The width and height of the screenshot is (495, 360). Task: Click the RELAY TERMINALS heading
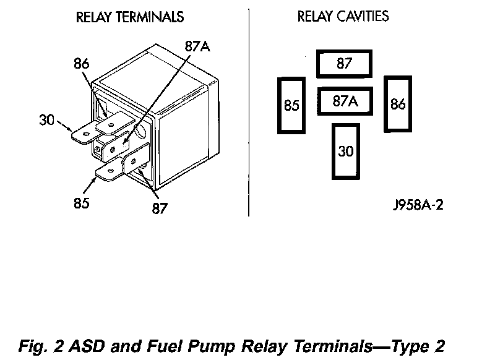tap(130, 17)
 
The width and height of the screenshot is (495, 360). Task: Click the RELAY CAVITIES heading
tap(343, 17)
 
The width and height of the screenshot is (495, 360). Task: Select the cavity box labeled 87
tap(344, 64)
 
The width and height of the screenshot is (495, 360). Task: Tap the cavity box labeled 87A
tap(345, 101)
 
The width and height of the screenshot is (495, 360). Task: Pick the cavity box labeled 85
tap(291, 105)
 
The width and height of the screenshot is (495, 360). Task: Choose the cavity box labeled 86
tap(398, 104)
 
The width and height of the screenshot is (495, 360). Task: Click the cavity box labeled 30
tap(346, 152)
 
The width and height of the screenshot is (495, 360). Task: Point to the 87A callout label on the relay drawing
tap(197, 46)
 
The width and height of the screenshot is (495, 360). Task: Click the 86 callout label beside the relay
tap(82, 64)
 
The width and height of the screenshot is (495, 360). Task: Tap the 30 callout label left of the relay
tap(47, 120)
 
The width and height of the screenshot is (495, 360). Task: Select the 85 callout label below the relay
tap(82, 203)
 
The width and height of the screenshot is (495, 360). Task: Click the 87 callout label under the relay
tap(160, 208)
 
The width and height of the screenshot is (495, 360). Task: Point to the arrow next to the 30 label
tap(65, 126)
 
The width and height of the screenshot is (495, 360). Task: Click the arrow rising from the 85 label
tap(90, 185)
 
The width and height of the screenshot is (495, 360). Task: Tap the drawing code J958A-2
tap(418, 205)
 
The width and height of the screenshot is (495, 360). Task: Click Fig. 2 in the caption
tap(41, 346)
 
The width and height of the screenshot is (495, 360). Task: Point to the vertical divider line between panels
tap(249, 113)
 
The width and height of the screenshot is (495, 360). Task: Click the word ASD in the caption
tap(87, 346)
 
